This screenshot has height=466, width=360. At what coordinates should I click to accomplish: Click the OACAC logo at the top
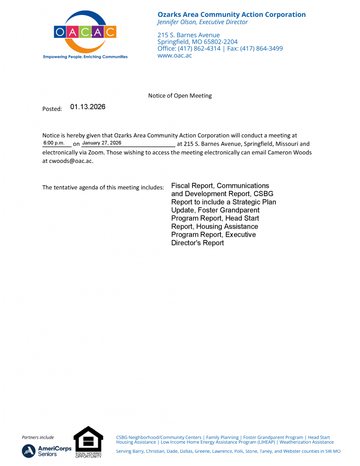(x=85, y=33)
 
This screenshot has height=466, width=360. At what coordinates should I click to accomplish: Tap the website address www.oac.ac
(x=174, y=56)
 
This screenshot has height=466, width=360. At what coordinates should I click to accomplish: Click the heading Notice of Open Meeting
(x=180, y=96)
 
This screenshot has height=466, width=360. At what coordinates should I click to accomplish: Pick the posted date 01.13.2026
(x=88, y=107)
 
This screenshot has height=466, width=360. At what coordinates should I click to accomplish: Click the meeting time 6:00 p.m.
(x=54, y=143)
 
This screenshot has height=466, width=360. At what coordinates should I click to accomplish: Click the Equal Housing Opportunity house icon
(x=88, y=439)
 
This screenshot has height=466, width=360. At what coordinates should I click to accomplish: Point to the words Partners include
(x=38, y=437)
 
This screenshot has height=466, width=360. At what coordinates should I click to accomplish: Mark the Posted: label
(x=52, y=109)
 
